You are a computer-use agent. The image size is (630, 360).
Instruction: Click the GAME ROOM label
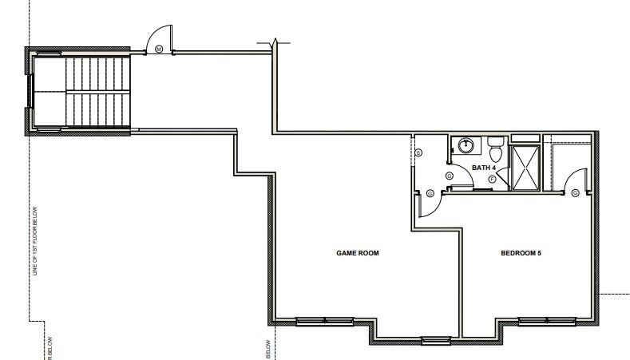point(357,253)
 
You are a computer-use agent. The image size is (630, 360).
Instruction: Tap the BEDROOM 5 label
point(521,253)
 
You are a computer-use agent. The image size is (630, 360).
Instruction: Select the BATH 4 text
point(484,168)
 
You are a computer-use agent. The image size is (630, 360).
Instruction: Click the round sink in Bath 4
point(463,146)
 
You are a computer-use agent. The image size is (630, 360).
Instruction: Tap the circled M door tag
point(159,49)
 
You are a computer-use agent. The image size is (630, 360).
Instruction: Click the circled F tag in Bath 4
point(492,179)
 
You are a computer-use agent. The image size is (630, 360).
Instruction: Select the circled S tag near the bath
point(450,175)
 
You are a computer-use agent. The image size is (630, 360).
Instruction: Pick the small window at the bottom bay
point(436,342)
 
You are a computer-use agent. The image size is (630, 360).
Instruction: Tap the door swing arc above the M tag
point(157,36)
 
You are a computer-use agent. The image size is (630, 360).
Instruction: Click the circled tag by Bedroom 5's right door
point(577,192)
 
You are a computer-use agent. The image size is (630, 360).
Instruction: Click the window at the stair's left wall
point(30,90)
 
